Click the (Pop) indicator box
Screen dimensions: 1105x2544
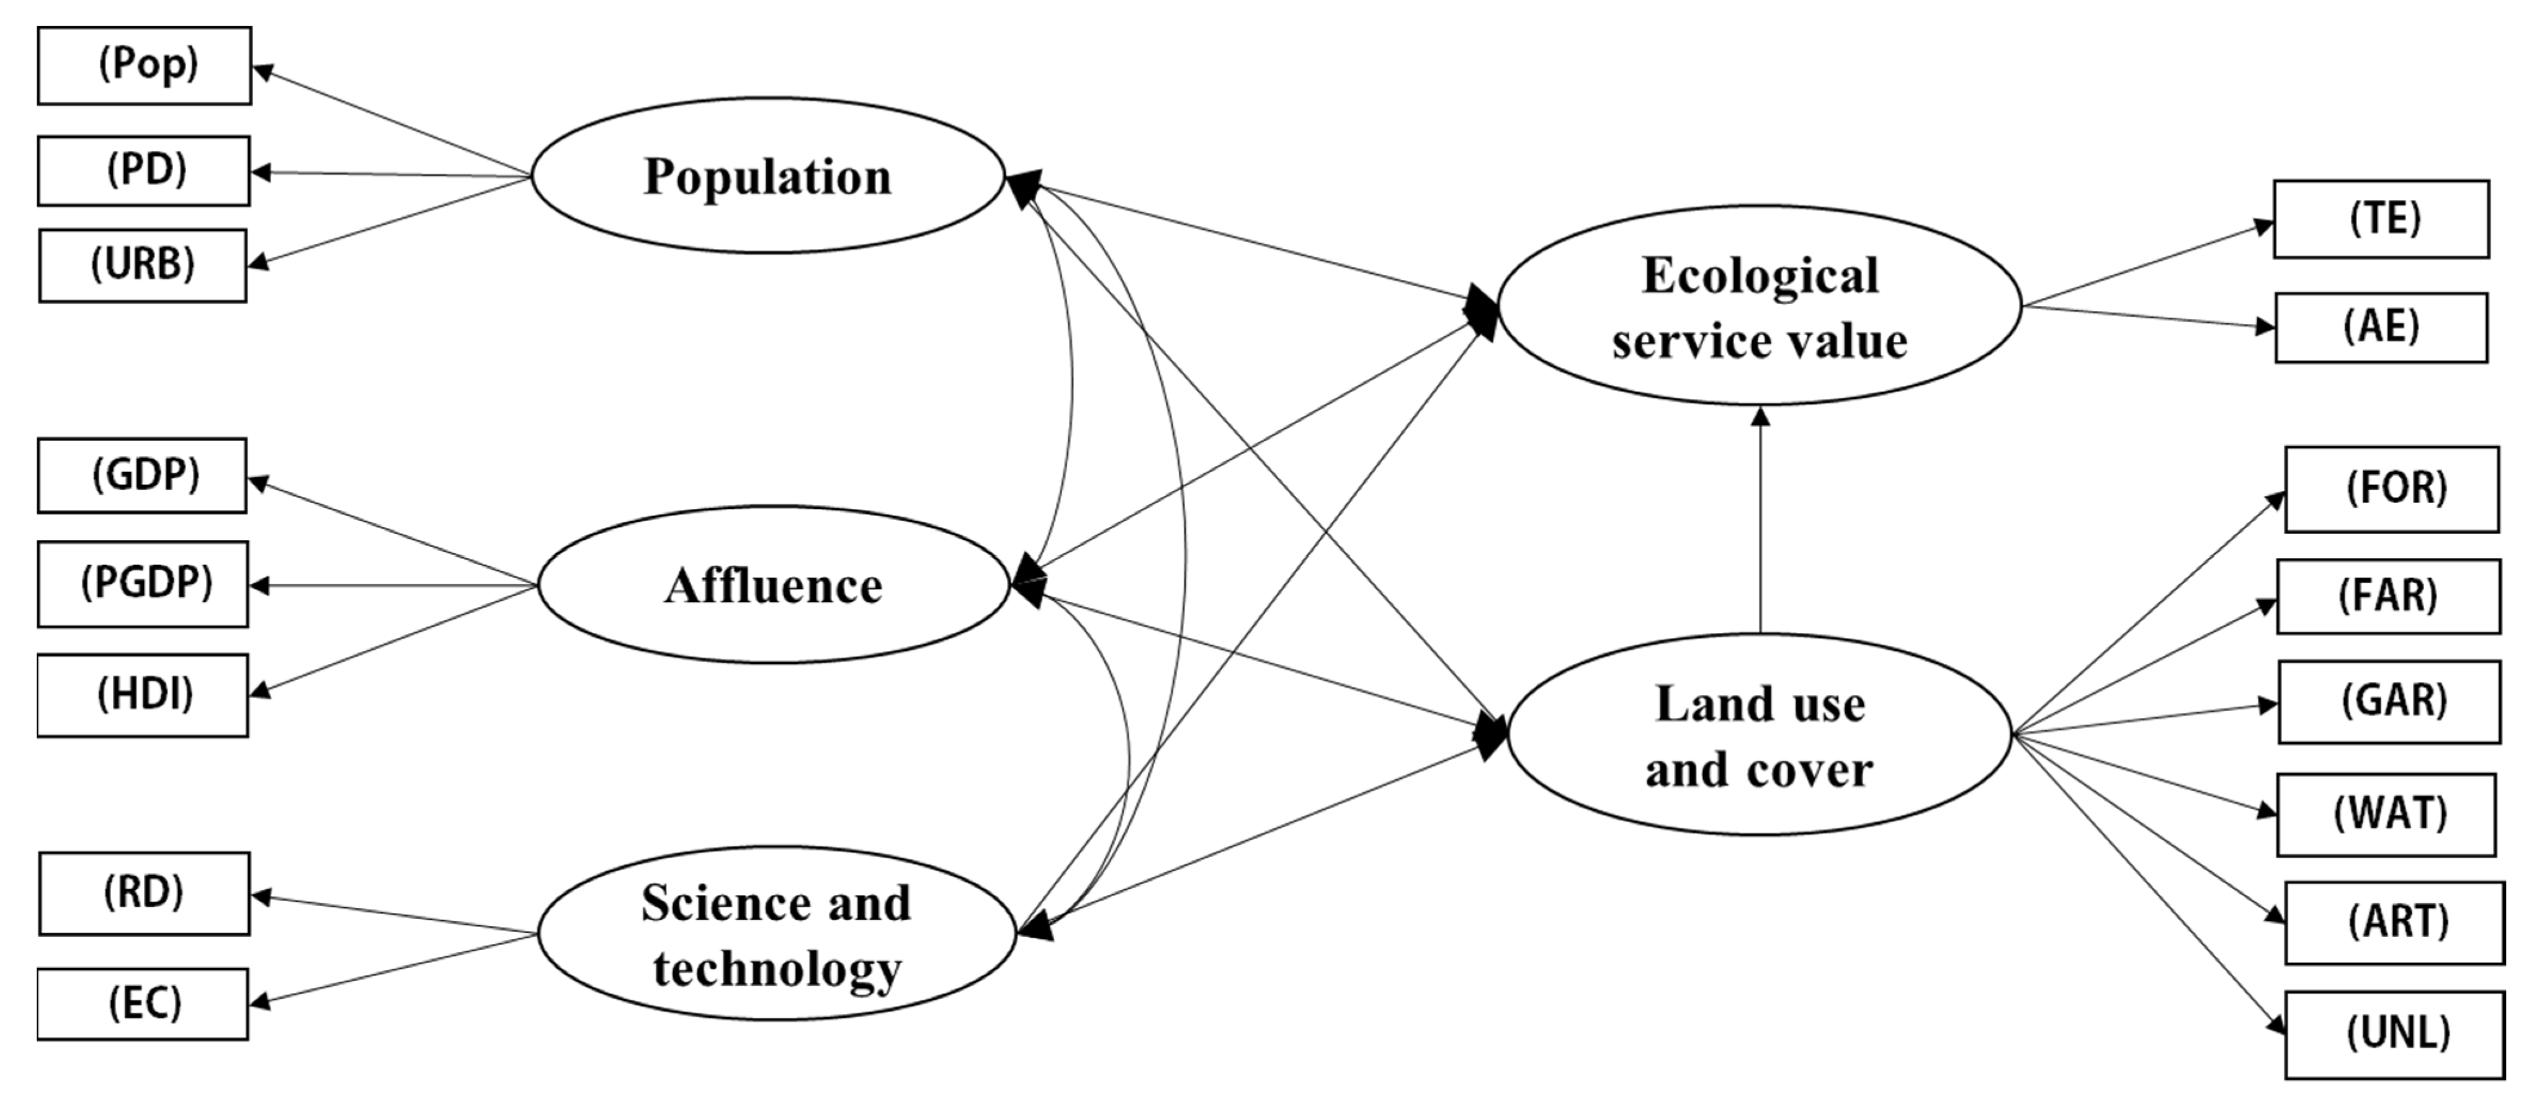144,65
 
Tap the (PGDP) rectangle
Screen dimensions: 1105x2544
143,584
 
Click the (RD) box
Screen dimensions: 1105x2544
144,893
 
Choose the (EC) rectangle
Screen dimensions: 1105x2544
143,1004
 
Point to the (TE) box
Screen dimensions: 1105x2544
2381,218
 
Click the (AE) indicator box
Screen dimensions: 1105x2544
2381,327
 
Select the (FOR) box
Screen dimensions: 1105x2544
2392,489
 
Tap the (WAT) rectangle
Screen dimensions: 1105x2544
2386,814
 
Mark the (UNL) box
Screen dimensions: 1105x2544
2395,1034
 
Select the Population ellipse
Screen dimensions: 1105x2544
767,176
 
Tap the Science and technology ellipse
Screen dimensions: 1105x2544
776,933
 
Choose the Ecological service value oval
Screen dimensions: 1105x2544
1759,306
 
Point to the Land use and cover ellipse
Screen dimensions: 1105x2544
1759,736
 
